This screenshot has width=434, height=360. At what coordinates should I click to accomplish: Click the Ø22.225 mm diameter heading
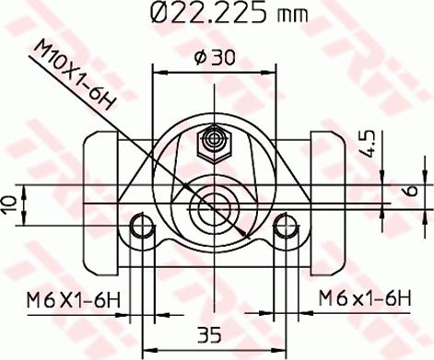coord(229,12)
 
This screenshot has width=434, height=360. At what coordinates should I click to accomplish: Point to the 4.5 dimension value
coord(368,144)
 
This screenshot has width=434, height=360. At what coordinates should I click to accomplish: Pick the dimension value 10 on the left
coord(10,205)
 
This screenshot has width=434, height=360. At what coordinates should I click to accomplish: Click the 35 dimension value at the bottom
coord(209,334)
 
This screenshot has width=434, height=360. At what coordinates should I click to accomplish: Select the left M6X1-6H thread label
coord(73,300)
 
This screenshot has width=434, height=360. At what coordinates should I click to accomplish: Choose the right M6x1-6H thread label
coord(364,298)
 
